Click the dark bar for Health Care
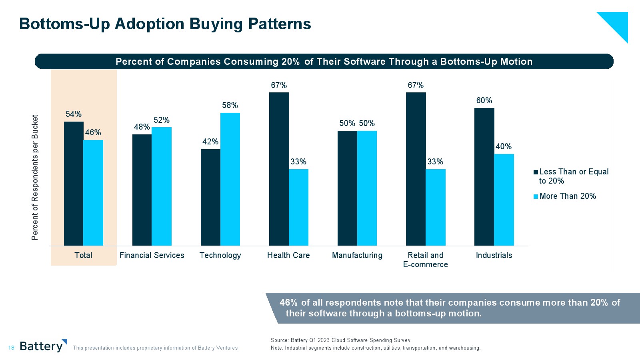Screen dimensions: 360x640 [x=279, y=169]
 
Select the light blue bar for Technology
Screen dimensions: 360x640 [x=230, y=179]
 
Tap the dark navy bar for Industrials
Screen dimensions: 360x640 [x=484, y=176]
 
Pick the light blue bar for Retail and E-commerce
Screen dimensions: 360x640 [x=435, y=207]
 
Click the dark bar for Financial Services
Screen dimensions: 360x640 [x=142, y=190]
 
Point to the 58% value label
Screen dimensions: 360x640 [x=230, y=105]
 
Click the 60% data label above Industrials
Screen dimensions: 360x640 [x=484, y=100]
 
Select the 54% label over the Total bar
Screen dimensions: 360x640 [x=74, y=114]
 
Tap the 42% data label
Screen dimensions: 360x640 [x=210, y=142]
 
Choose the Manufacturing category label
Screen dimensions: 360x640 [x=357, y=255]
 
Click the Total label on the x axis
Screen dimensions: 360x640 [x=83, y=255]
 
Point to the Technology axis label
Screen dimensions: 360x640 [x=220, y=255]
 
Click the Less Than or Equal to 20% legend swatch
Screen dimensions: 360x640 [x=536, y=172]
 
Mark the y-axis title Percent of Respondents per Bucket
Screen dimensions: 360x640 [x=35, y=177]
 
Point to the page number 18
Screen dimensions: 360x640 [x=11, y=348]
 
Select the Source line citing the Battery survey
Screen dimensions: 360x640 [x=340, y=340]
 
